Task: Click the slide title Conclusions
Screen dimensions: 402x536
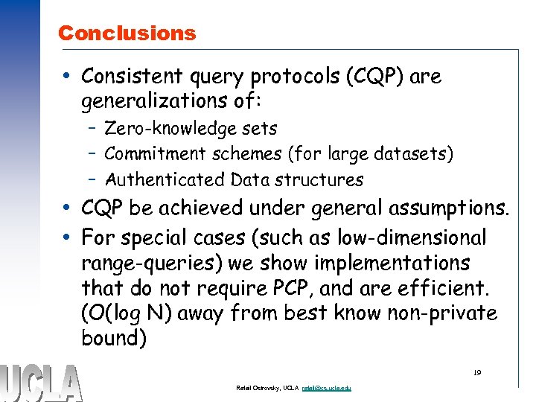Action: tap(127, 33)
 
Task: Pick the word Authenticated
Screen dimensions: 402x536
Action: tap(165, 179)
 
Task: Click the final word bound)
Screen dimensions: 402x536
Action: tap(115, 339)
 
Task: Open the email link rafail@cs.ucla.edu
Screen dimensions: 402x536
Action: tap(325, 389)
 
